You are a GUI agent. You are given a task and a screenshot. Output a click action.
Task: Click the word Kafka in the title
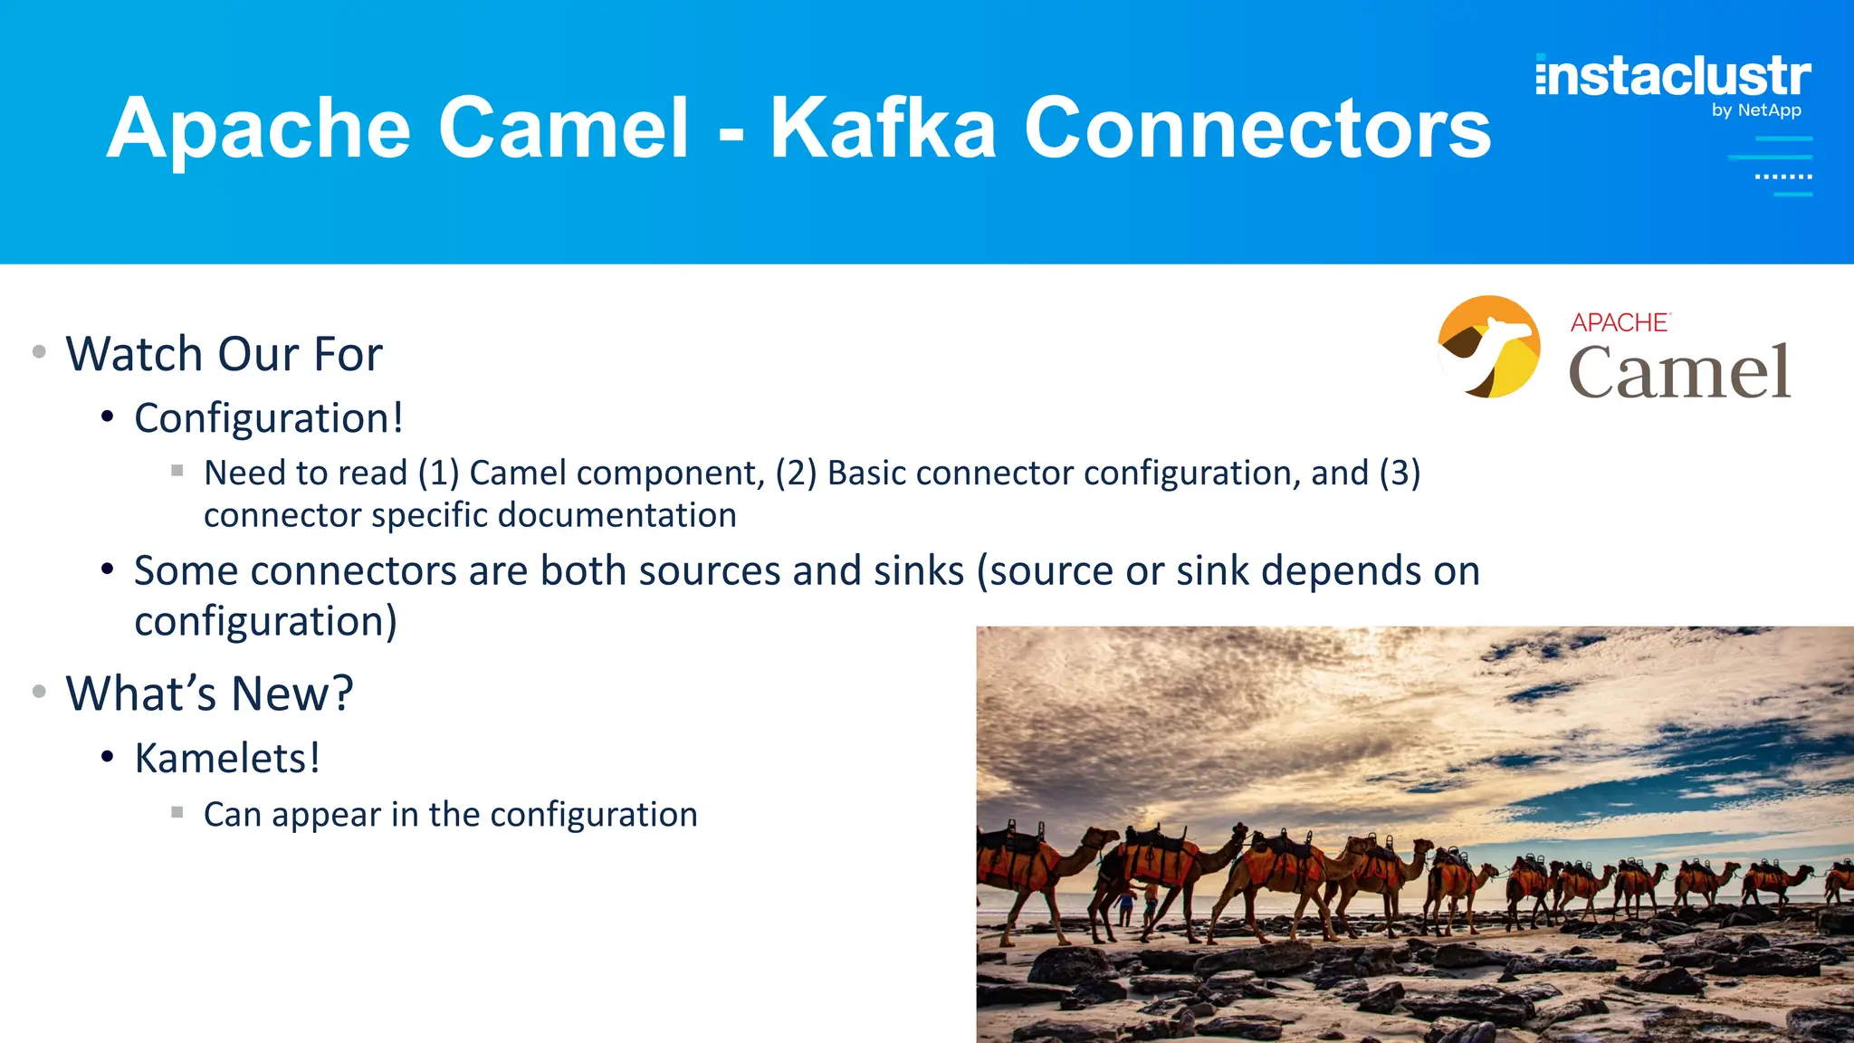tap(883, 129)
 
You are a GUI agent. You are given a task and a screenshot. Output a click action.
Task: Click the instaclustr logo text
tap(1673, 76)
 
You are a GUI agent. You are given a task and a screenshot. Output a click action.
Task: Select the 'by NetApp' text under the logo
tap(1756, 110)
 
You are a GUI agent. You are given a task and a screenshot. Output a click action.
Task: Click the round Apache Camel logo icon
tap(1489, 347)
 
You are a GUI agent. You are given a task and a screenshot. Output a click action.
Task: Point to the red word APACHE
tap(1620, 322)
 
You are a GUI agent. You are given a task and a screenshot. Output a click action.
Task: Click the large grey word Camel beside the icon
tap(1679, 372)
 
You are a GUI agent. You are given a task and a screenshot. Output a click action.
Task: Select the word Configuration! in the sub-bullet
tap(269, 418)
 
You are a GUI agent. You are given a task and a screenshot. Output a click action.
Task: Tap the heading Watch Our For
tap(224, 354)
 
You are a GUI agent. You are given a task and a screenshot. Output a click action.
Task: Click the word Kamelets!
tap(227, 759)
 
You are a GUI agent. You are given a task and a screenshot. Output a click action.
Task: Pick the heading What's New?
tap(209, 694)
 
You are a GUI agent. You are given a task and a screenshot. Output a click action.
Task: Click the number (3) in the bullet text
tap(1400, 473)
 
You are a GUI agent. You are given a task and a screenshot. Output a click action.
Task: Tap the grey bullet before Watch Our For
tap(39, 352)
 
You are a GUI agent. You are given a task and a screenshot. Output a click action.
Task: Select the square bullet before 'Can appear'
tap(177, 812)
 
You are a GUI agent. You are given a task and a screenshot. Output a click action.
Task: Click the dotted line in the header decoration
tap(1782, 177)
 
